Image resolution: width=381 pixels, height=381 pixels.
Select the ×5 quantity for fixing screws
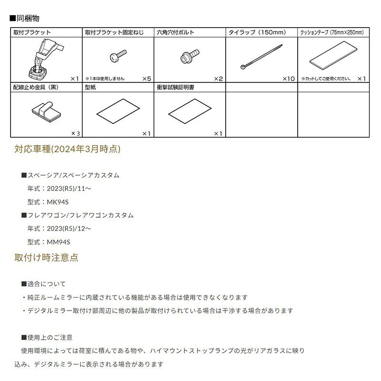(x=146, y=79)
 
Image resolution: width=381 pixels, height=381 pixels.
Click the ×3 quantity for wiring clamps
(x=75, y=133)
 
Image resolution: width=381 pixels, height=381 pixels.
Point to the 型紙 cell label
(x=91, y=88)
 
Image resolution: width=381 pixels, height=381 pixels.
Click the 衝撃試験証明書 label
(x=175, y=88)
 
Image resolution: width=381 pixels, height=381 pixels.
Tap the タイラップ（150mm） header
(x=257, y=33)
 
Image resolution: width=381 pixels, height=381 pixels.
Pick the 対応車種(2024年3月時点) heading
(x=68, y=150)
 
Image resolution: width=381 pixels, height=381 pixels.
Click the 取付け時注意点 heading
(x=47, y=258)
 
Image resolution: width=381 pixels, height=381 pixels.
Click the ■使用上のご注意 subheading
(x=47, y=337)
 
